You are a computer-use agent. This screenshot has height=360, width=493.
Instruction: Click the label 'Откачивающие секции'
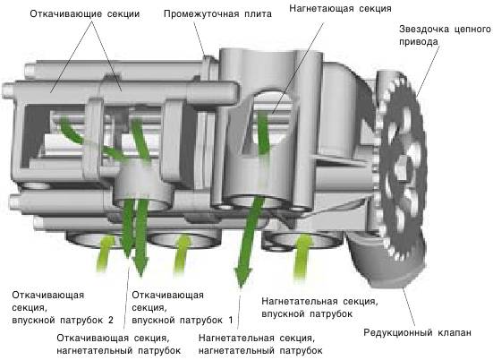(85, 14)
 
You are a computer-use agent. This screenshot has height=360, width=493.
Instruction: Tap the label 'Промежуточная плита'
(217, 14)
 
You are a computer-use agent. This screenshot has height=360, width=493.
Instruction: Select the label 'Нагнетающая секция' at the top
(340, 8)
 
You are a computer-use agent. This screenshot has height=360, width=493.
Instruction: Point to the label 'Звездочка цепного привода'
(445, 35)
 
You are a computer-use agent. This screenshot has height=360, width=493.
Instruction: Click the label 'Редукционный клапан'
(417, 332)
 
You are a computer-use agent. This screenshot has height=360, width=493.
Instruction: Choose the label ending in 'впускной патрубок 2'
(63, 307)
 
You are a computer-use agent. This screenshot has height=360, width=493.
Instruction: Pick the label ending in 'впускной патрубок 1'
(183, 307)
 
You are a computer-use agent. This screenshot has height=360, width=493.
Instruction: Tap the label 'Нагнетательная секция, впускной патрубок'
(319, 307)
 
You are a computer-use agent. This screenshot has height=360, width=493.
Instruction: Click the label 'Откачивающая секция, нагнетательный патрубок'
(119, 344)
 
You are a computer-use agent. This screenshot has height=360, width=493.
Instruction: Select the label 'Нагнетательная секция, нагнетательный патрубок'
(260, 344)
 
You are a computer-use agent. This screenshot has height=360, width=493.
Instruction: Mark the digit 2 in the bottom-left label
(110, 320)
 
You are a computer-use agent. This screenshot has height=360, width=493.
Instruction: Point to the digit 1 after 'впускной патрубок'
(231, 320)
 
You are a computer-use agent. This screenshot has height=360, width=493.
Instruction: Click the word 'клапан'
(455, 332)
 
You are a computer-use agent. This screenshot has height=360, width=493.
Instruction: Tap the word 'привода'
(419, 42)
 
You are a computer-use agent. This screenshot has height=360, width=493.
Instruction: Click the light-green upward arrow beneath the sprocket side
(302, 255)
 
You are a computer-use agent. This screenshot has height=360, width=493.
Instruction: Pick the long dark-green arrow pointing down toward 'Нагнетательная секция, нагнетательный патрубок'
(249, 241)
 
